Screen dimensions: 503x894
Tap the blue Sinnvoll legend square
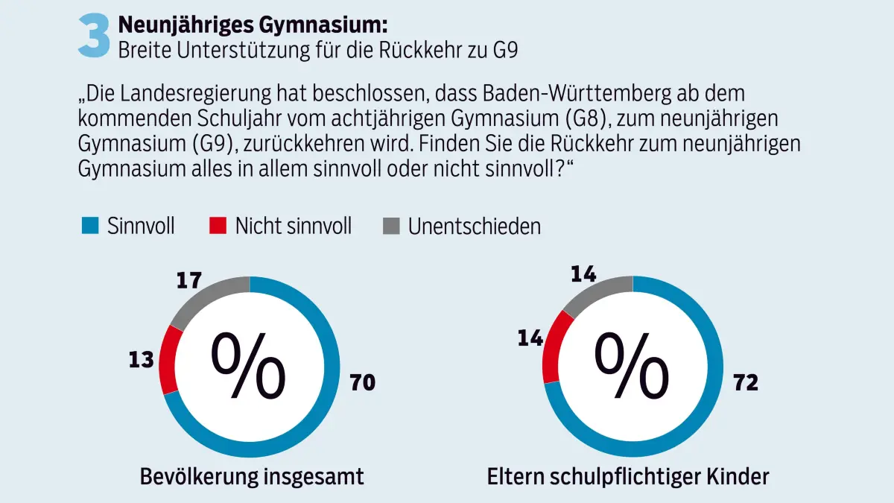tap(90, 226)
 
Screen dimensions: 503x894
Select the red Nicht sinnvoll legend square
tap(218, 226)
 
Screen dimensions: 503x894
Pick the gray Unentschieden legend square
tap(390, 226)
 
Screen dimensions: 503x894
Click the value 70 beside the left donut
tap(363, 383)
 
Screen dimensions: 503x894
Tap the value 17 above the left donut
tap(189, 281)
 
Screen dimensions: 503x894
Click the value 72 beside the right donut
tap(745, 383)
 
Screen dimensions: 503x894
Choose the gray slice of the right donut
tap(597, 293)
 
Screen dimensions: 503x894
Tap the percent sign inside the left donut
tap(249, 365)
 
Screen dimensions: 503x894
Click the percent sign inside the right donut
tap(632, 365)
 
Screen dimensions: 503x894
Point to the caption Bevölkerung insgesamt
tap(252, 476)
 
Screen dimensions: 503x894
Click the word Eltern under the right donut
tap(513, 476)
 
